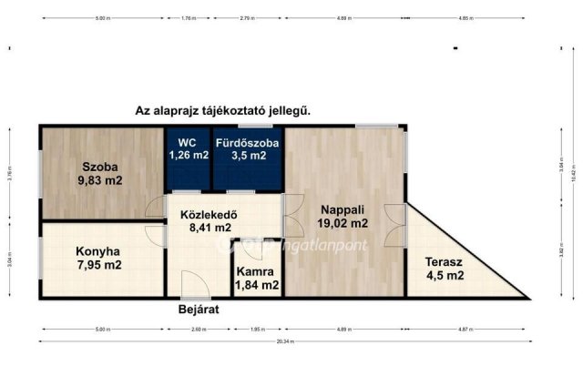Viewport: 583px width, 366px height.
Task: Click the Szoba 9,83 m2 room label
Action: [101, 173]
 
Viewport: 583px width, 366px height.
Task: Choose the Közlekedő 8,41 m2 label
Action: [210, 222]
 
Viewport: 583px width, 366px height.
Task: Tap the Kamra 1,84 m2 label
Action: [256, 278]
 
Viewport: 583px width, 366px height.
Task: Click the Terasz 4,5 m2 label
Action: [445, 269]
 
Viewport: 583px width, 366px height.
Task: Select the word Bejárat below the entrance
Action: [199, 310]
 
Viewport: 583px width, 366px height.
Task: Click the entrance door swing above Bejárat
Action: [191, 284]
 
